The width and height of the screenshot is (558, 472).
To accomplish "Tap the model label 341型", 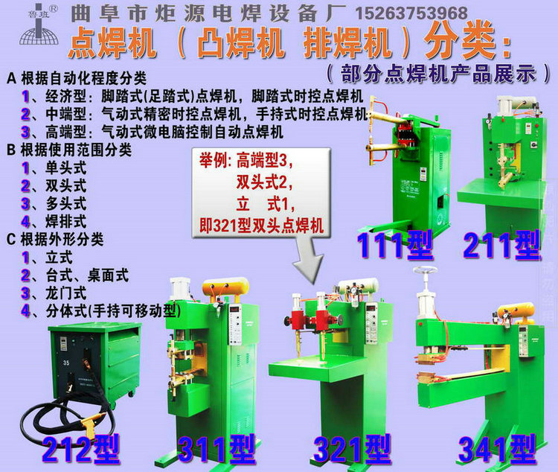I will pos(497,449).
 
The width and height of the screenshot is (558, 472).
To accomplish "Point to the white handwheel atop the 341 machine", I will pos(426,272).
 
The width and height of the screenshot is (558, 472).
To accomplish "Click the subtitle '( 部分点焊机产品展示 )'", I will pos(440,73).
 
